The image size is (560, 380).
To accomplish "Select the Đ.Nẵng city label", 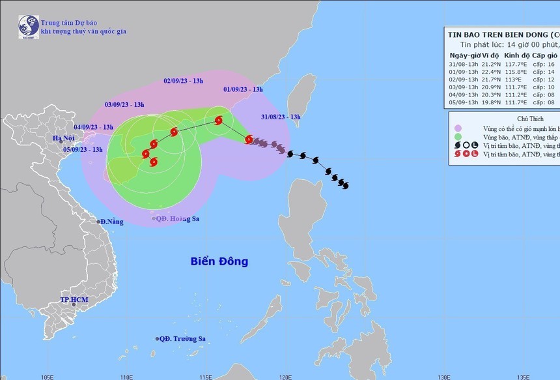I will tap(111, 222).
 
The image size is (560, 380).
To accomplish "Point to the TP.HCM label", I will tap(74, 300).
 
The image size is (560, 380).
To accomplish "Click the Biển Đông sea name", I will tap(219, 261).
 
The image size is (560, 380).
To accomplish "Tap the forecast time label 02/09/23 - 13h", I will tap(183, 81).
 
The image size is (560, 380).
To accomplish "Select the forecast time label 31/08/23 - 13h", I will tap(281, 117).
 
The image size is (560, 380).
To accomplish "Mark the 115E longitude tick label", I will tap(206, 376).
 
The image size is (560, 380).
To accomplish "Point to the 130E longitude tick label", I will tap(444, 376).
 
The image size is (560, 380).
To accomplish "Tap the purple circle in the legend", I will tap(458, 128).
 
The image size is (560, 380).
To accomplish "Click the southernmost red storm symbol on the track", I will tap(154, 162).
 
